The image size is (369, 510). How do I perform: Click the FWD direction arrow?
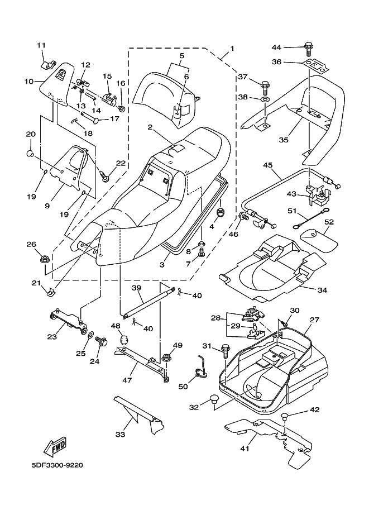[x=55, y=447]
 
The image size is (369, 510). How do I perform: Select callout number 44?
[x=277, y=46]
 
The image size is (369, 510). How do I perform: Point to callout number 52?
[x=329, y=222]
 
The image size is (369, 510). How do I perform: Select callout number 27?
[x=314, y=320]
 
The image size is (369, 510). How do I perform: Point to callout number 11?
[x=41, y=45]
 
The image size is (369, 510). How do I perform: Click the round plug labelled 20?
[x=31, y=152]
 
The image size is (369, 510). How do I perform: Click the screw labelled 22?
[x=105, y=175]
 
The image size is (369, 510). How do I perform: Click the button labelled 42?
[x=285, y=416]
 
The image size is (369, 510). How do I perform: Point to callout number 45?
[x=267, y=165]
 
